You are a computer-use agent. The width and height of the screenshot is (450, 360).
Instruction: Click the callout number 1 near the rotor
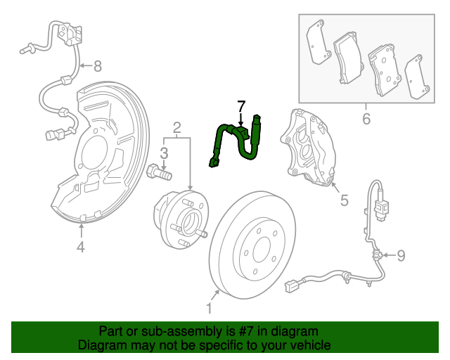(x=209, y=308)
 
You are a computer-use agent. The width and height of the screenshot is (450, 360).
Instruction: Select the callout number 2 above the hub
(x=177, y=127)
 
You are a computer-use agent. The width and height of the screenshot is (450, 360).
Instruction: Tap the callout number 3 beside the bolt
(x=163, y=153)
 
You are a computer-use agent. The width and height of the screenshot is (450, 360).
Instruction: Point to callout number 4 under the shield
(x=81, y=246)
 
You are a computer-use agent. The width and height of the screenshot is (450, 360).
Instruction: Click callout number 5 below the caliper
(x=345, y=201)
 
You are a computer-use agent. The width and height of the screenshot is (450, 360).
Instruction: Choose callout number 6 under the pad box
(x=366, y=118)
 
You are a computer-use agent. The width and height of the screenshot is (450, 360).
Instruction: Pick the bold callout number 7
(x=241, y=106)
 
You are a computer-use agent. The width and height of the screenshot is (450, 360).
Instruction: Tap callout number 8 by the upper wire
(x=97, y=67)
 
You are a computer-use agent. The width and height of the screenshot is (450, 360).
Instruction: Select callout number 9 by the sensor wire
(x=401, y=255)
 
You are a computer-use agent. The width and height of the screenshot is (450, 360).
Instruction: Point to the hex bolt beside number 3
(x=158, y=171)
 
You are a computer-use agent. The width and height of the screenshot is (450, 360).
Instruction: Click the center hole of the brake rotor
(x=262, y=248)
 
